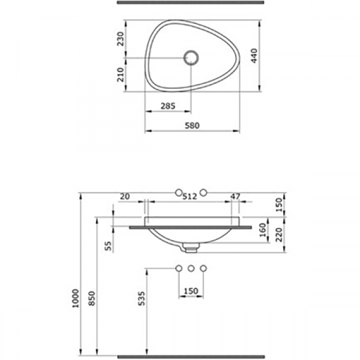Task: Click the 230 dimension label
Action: (x=121, y=39)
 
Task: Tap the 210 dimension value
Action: (x=121, y=74)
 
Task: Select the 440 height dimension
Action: (x=254, y=56)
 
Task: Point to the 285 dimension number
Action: (x=168, y=106)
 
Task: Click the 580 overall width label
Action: (x=192, y=126)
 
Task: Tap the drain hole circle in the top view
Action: (x=191, y=58)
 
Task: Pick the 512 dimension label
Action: (x=190, y=197)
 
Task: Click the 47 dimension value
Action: (x=235, y=197)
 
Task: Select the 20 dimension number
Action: (x=125, y=197)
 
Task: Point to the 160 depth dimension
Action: (x=263, y=230)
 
